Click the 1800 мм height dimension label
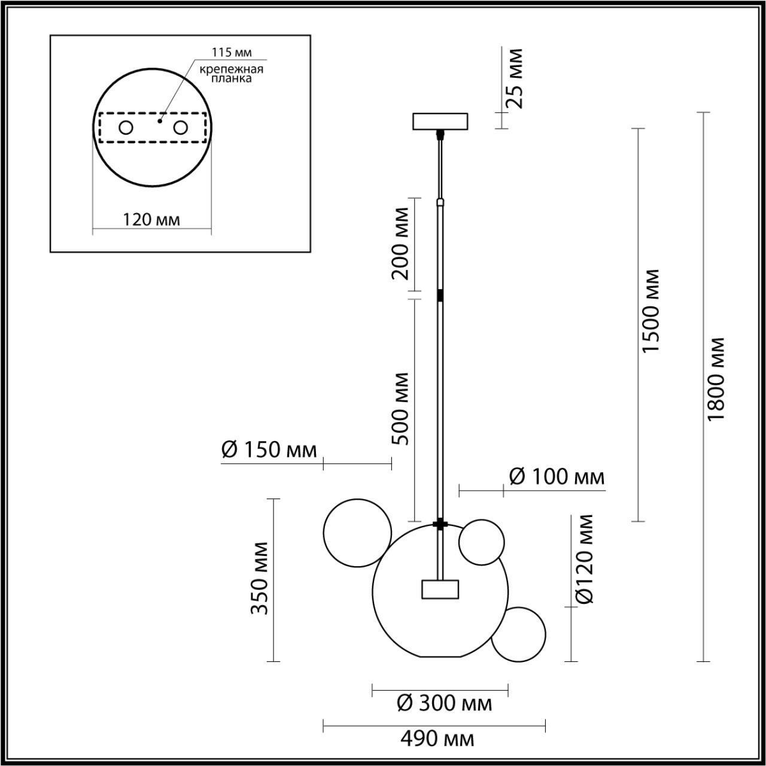(716, 378)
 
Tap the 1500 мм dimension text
(650, 310)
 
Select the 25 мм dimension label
(513, 78)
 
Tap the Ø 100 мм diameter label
(557, 477)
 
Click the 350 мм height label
(260, 578)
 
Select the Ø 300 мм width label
(445, 703)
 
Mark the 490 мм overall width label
(437, 739)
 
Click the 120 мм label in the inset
(151, 220)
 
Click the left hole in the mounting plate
(126, 127)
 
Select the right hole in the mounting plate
(180, 127)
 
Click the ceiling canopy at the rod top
(440, 121)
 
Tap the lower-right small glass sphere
(518, 634)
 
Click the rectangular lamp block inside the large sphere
(440, 589)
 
